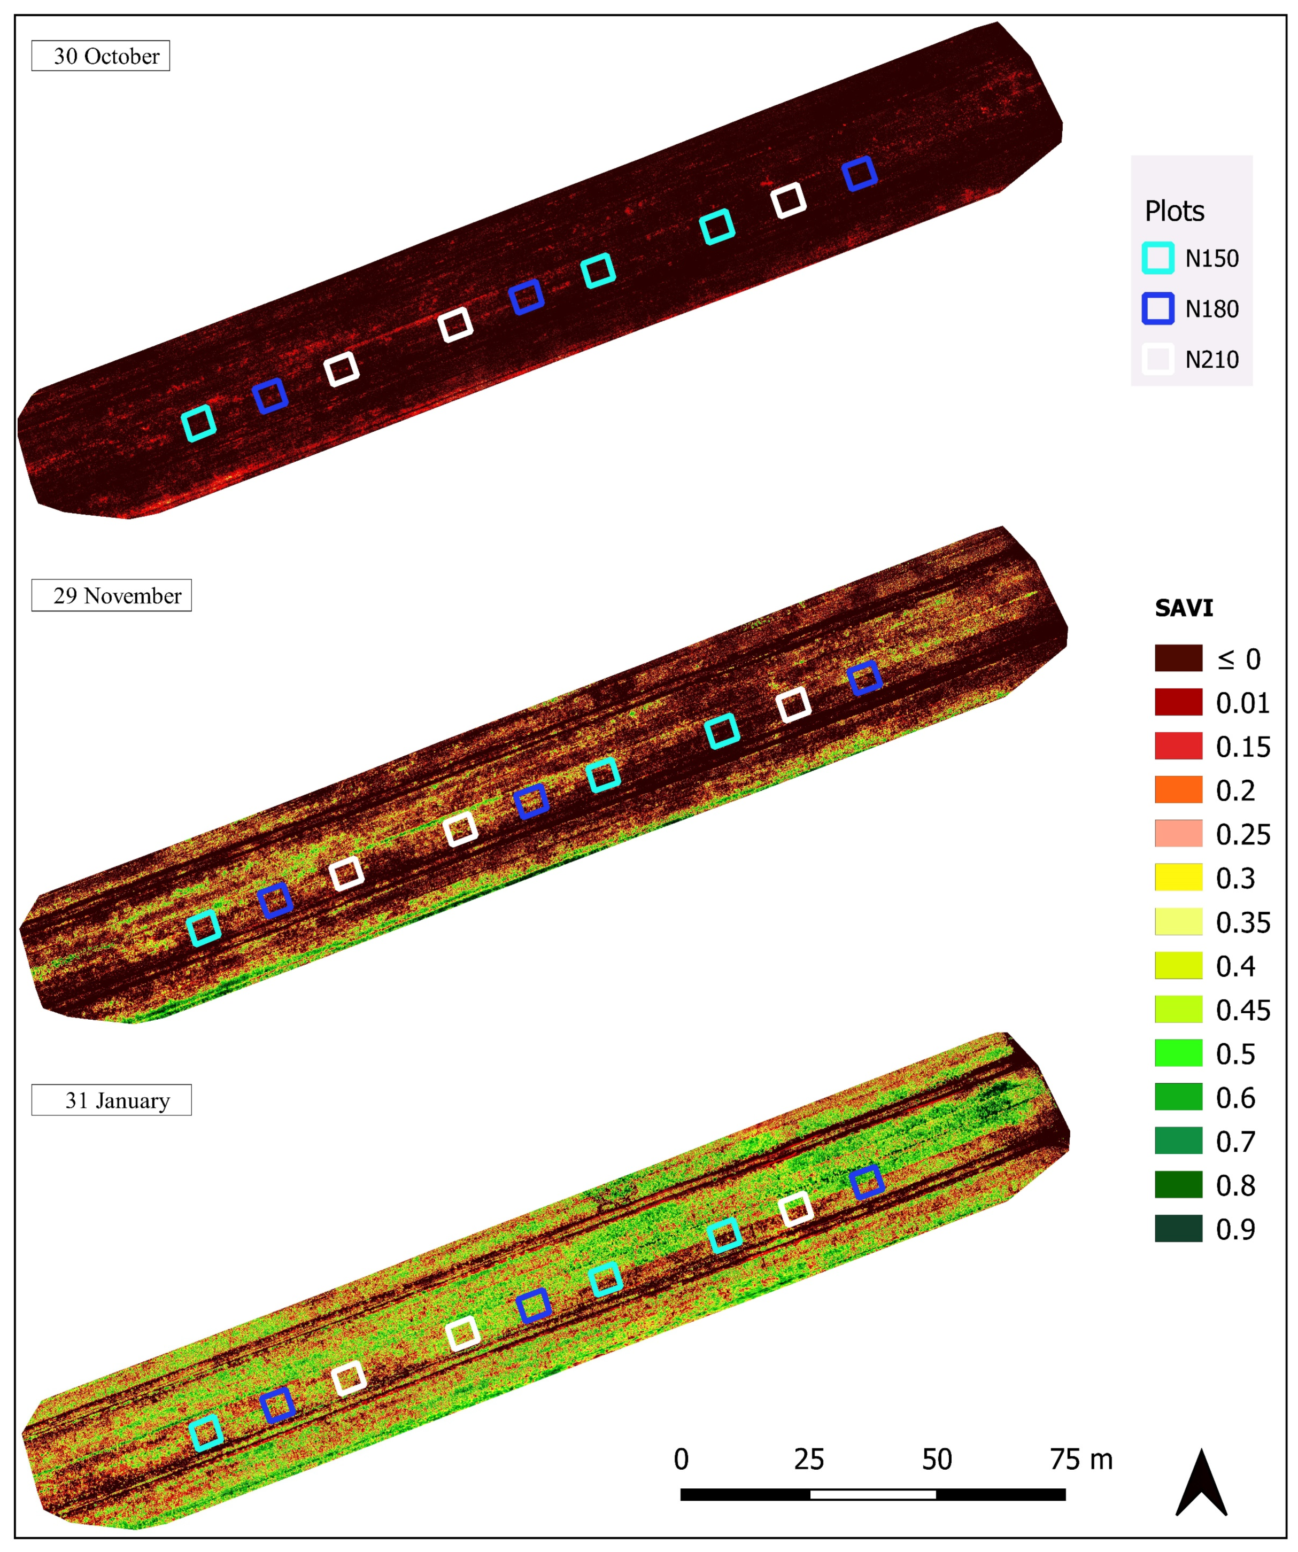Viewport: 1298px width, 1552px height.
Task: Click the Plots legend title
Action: [1175, 211]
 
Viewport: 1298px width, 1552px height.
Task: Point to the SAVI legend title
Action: [1184, 608]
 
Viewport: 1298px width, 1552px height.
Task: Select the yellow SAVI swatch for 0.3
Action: [1178, 877]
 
